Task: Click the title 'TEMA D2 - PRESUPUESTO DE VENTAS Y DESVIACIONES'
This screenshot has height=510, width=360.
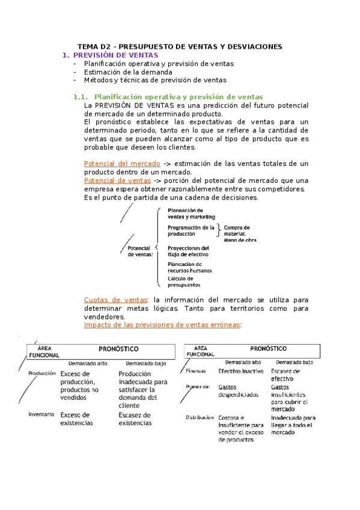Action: (x=180, y=46)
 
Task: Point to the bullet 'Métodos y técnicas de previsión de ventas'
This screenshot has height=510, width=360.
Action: (x=155, y=80)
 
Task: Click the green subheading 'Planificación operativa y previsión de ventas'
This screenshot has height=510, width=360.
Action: (x=178, y=97)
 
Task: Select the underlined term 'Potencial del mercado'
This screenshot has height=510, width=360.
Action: (x=122, y=164)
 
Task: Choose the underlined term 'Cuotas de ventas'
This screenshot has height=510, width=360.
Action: (x=116, y=300)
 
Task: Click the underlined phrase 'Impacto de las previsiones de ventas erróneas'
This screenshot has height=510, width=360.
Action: (x=162, y=325)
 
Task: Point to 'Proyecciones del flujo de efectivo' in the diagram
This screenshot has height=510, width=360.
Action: (x=189, y=251)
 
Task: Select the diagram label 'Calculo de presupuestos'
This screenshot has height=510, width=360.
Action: (x=184, y=281)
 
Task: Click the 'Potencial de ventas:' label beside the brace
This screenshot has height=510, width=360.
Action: (x=141, y=251)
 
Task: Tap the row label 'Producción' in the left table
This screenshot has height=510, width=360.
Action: (x=42, y=373)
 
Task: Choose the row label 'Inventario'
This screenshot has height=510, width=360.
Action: (x=41, y=414)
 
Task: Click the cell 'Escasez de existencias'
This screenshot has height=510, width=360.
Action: (x=135, y=419)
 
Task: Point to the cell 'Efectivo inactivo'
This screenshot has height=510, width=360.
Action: (x=239, y=371)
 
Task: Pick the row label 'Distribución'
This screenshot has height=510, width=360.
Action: (x=200, y=417)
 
